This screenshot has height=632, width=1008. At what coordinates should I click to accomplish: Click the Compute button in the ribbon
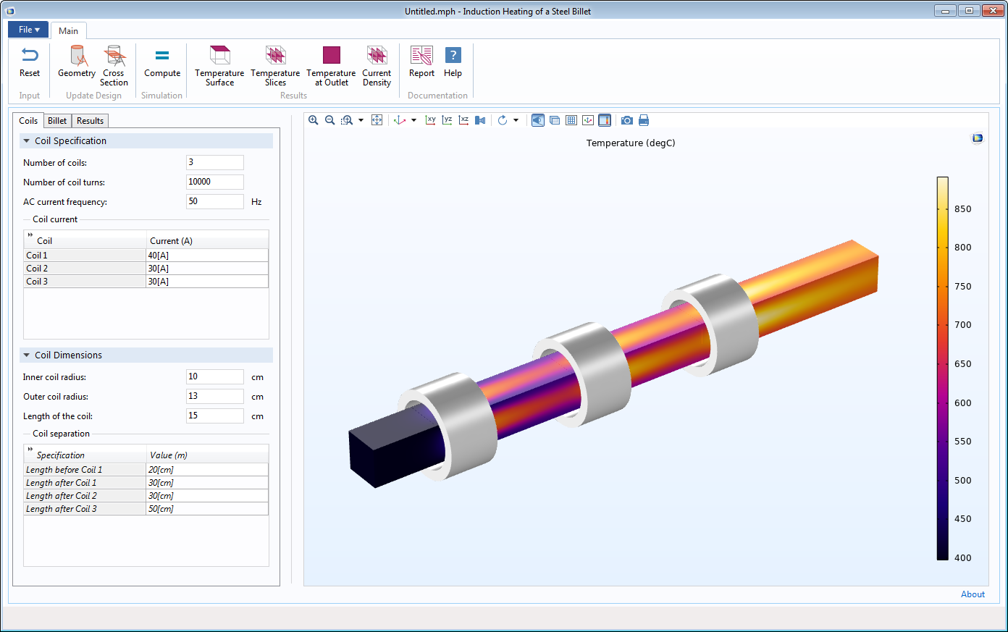pos(162,63)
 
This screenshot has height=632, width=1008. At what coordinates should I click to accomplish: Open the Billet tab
pos(57,121)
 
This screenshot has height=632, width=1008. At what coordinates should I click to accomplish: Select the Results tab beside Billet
pos(91,121)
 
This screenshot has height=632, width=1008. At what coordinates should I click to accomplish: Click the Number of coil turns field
pos(214,182)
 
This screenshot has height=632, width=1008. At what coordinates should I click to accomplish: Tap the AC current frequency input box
pos(214,201)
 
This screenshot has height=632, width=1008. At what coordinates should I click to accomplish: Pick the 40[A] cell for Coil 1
pos(206,256)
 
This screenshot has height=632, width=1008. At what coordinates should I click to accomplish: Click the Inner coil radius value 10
pos(214,376)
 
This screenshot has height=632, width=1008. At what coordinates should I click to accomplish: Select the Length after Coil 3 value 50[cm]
pos(206,509)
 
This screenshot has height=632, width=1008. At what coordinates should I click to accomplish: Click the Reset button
pos(30,63)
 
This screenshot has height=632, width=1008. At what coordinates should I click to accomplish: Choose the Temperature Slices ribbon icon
pos(275,66)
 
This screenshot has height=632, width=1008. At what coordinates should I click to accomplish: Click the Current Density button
pos(377,66)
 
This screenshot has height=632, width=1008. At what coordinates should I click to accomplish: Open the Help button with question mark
pos(453,63)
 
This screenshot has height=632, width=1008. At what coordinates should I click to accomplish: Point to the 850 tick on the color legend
pos(962,209)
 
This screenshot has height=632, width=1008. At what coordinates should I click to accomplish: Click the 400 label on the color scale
pos(962,557)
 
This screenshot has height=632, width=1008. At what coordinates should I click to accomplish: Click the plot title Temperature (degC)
pos(630,143)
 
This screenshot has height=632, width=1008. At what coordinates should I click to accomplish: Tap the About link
pos(973,594)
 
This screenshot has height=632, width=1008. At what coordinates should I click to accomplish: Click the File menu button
pos(28,30)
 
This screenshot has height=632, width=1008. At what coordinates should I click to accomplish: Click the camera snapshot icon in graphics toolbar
pos(627,120)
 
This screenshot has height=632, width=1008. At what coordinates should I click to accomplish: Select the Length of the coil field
pos(214,416)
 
